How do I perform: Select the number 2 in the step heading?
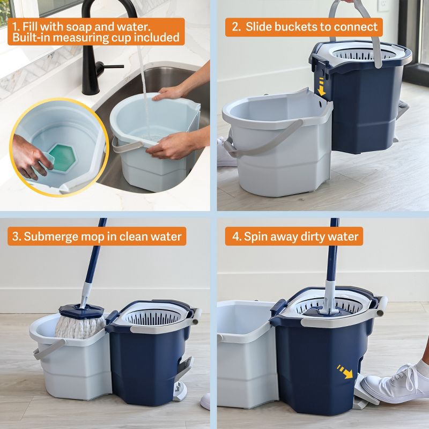tap(235, 26)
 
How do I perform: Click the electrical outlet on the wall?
tap(383, 5)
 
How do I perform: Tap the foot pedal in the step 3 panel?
tap(182, 375)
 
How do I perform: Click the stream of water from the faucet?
tap(143, 80)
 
